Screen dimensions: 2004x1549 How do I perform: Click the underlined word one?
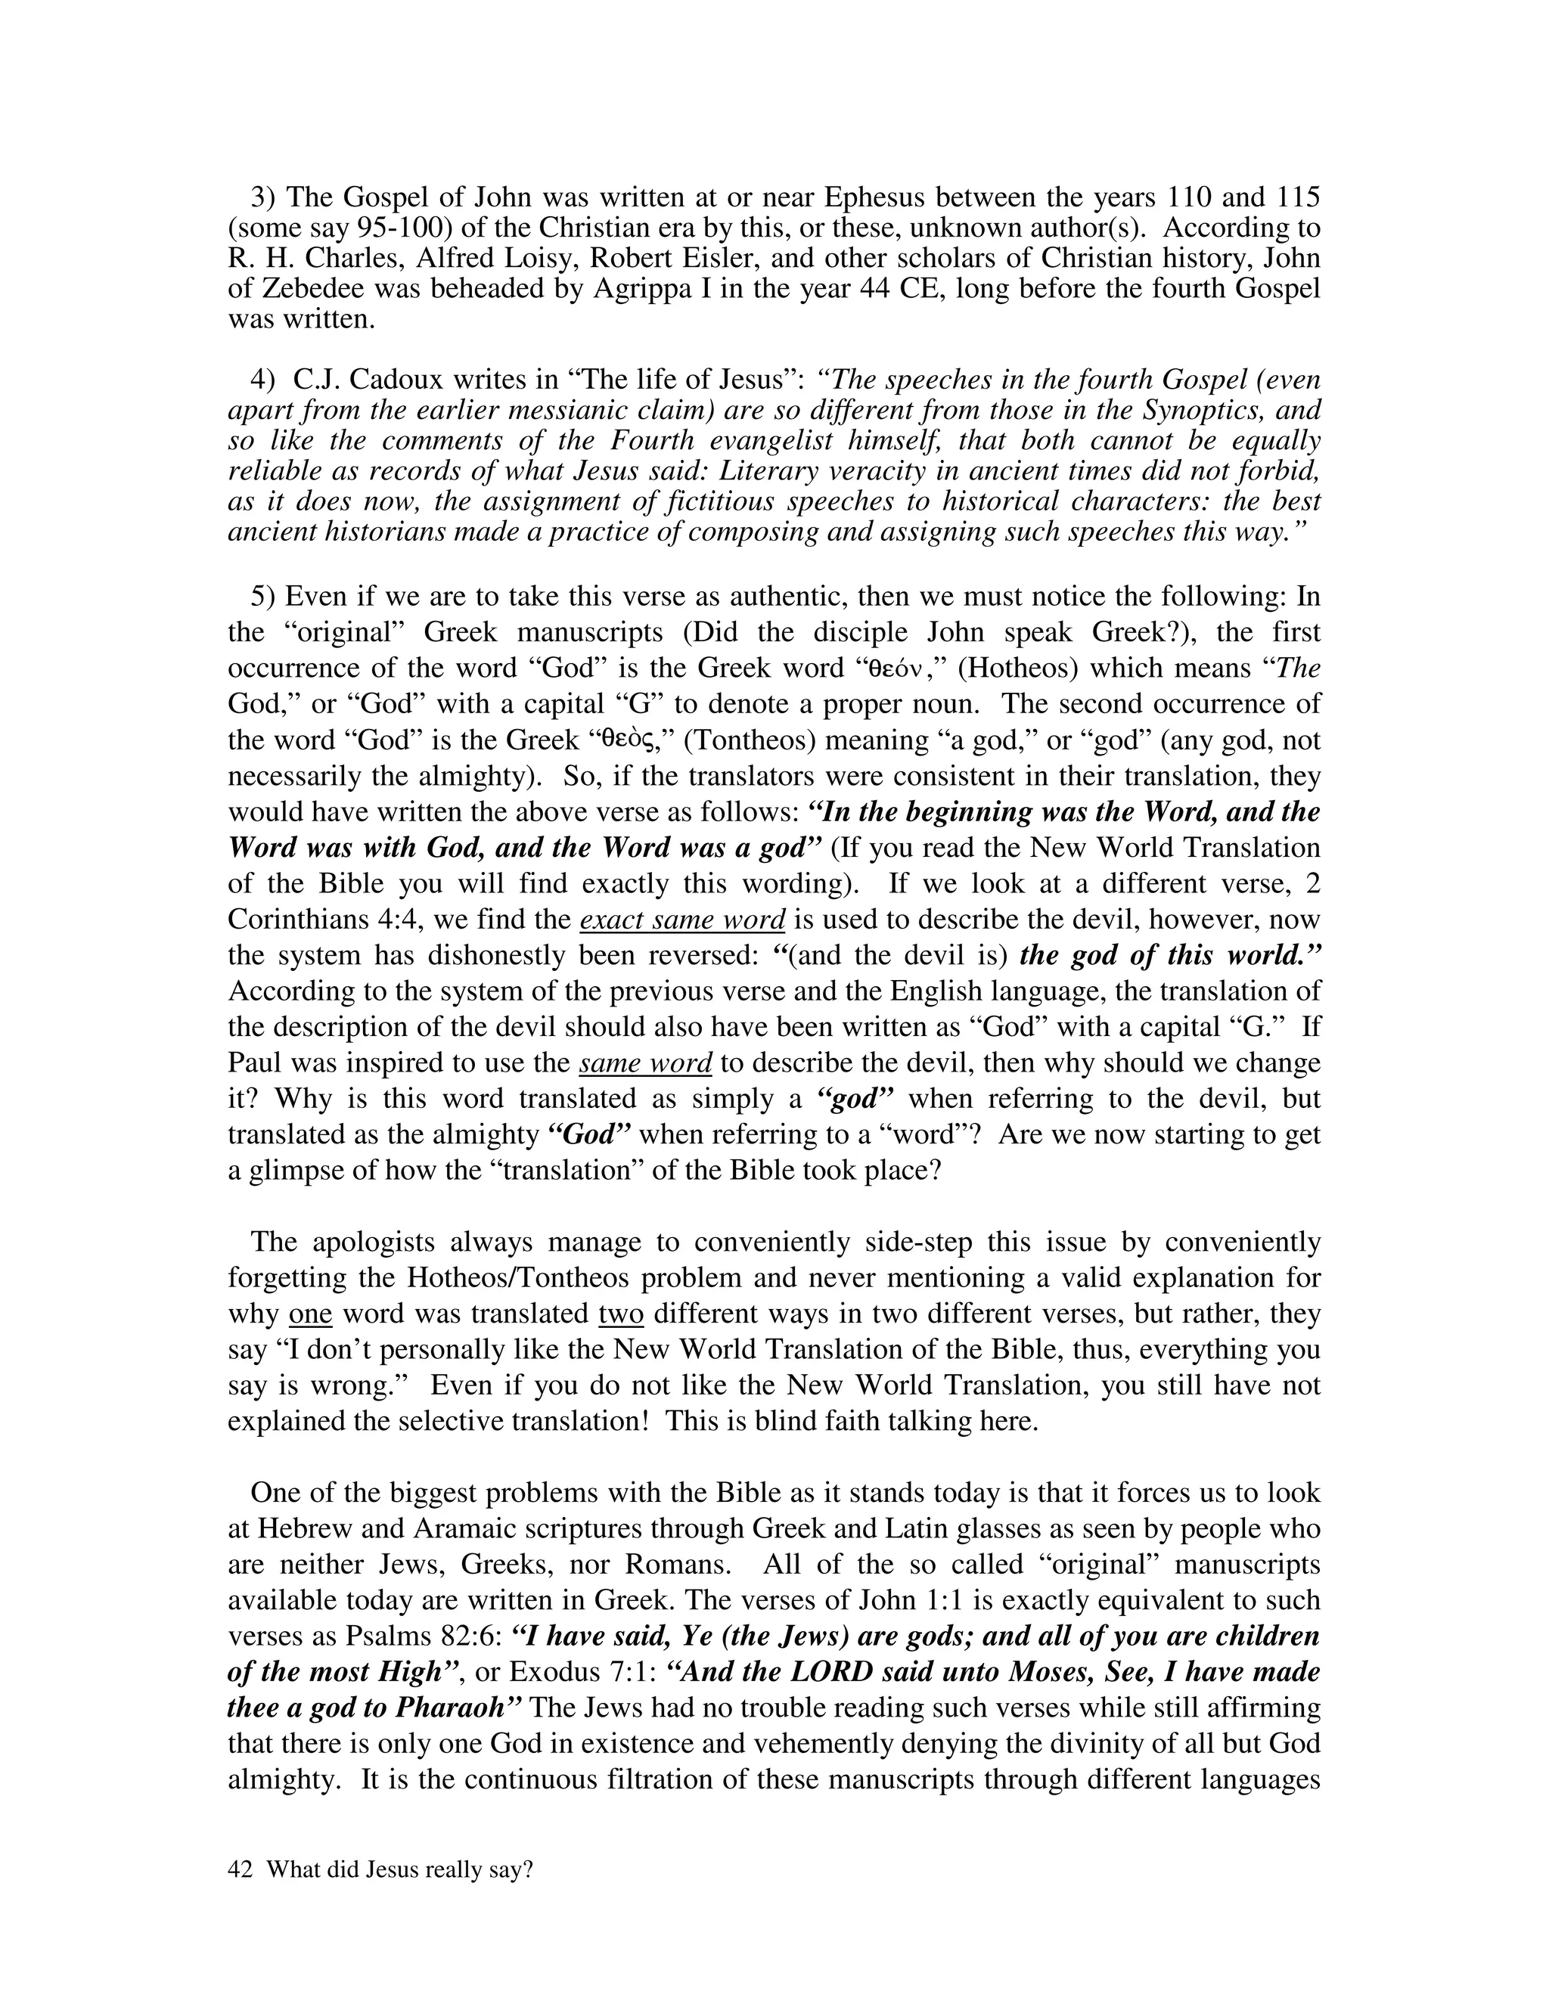(x=309, y=1314)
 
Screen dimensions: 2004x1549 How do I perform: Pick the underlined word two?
(x=620, y=1314)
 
